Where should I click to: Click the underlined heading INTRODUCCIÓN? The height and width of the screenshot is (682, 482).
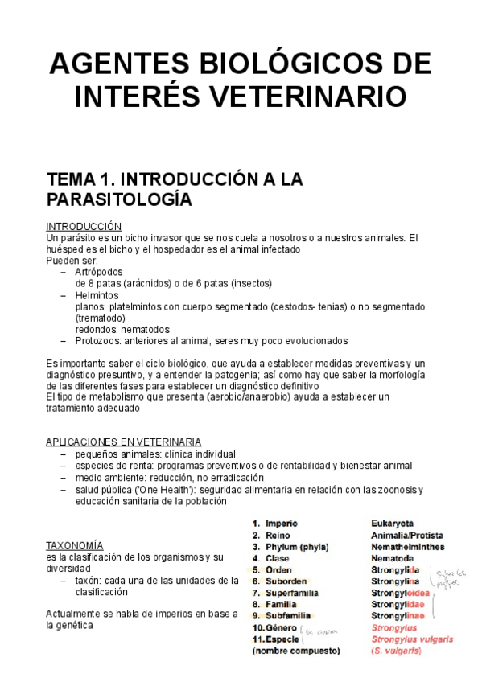(x=84, y=227)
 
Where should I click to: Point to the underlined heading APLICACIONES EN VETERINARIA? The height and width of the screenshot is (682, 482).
(x=124, y=442)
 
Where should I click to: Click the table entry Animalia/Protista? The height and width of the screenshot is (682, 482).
(x=406, y=535)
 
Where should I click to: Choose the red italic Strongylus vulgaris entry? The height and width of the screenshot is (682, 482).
(x=410, y=639)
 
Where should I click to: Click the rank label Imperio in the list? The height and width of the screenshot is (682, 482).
(x=282, y=524)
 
